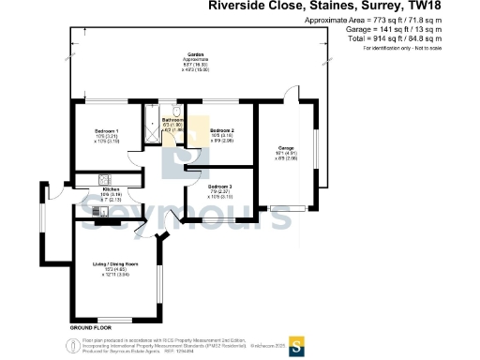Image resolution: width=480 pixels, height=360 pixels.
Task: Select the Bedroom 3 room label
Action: pyautogui.click(x=220, y=187)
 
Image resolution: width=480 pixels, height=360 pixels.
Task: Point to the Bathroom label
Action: pyautogui.click(x=172, y=120)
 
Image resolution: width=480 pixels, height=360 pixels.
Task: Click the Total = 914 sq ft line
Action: pyautogui.click(x=394, y=38)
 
